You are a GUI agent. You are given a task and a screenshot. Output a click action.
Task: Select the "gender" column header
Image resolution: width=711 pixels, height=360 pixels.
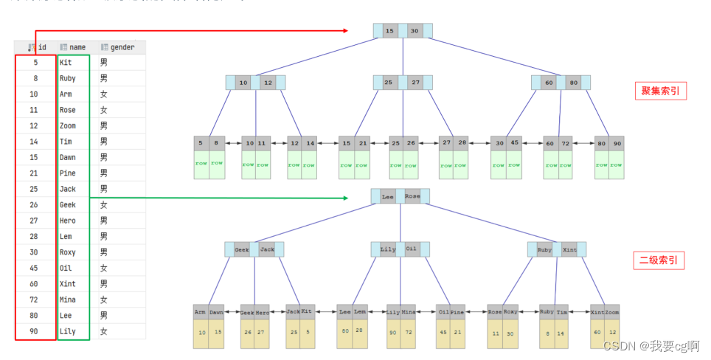[x=122, y=47]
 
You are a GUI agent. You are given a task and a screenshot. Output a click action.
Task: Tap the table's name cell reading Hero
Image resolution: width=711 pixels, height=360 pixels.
[x=67, y=221]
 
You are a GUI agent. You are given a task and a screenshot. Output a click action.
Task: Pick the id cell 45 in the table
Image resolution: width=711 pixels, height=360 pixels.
[x=35, y=268]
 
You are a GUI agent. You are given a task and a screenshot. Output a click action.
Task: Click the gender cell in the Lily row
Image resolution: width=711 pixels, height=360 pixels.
[x=104, y=331]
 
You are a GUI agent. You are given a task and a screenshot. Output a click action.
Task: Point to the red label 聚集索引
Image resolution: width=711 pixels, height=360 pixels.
[x=660, y=91]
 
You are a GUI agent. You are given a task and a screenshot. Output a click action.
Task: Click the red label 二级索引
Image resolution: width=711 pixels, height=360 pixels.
[x=659, y=260]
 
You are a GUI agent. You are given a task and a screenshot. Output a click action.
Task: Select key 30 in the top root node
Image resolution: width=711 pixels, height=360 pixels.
[x=415, y=31]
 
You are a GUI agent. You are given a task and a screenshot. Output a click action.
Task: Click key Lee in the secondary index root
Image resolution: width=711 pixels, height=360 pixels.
[x=387, y=197]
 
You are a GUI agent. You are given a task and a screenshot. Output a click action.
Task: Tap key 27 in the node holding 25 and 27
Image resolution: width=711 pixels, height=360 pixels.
[x=416, y=83]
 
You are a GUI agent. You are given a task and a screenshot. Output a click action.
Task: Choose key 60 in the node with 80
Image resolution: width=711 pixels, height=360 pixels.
[x=549, y=83]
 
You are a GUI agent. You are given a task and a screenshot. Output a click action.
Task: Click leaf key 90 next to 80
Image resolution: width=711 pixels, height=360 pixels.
[x=617, y=143]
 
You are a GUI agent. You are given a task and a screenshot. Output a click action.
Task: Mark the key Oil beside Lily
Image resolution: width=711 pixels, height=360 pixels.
[x=412, y=249]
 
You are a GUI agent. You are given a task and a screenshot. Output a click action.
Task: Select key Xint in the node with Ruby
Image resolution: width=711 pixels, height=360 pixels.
[x=569, y=249]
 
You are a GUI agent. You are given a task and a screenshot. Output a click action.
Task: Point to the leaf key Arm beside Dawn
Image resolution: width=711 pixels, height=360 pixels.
[x=201, y=312]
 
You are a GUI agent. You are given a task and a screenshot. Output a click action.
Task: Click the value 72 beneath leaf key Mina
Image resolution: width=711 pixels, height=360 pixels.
[x=409, y=333]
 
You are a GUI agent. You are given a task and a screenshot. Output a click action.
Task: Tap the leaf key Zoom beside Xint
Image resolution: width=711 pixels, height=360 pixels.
[x=613, y=312]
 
